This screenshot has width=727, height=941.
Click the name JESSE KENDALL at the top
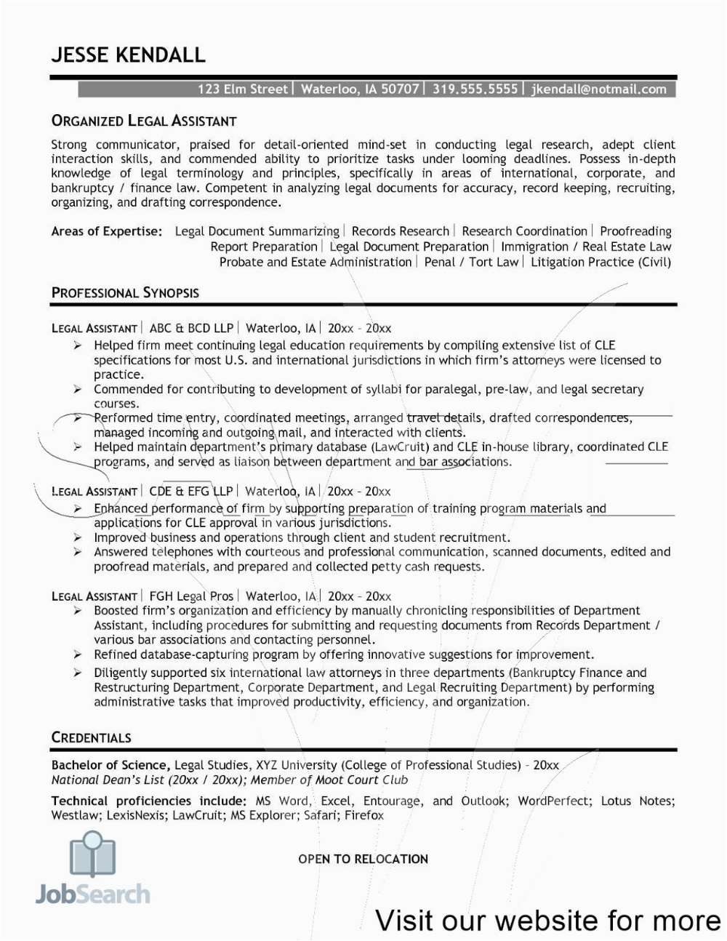[x=128, y=55]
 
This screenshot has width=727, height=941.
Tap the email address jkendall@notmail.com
[x=599, y=89]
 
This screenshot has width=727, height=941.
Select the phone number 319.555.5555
[x=475, y=89]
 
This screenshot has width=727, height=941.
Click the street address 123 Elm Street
[x=243, y=89]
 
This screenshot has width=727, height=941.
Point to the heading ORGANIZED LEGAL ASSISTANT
[x=144, y=121]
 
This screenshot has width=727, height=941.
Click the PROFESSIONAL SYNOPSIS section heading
[x=125, y=293]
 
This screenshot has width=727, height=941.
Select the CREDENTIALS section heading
[x=91, y=737]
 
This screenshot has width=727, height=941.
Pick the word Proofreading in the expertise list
[x=635, y=231]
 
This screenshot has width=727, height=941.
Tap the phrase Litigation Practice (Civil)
[x=601, y=262]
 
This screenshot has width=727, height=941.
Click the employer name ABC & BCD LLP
[x=191, y=328]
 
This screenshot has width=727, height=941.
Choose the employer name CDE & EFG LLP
[x=190, y=492]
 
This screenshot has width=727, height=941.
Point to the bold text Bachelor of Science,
[x=111, y=765]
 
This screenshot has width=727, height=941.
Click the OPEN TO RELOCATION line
[x=363, y=859]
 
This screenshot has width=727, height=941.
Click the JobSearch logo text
[x=93, y=894]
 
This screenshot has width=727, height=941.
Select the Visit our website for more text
[x=548, y=921]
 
